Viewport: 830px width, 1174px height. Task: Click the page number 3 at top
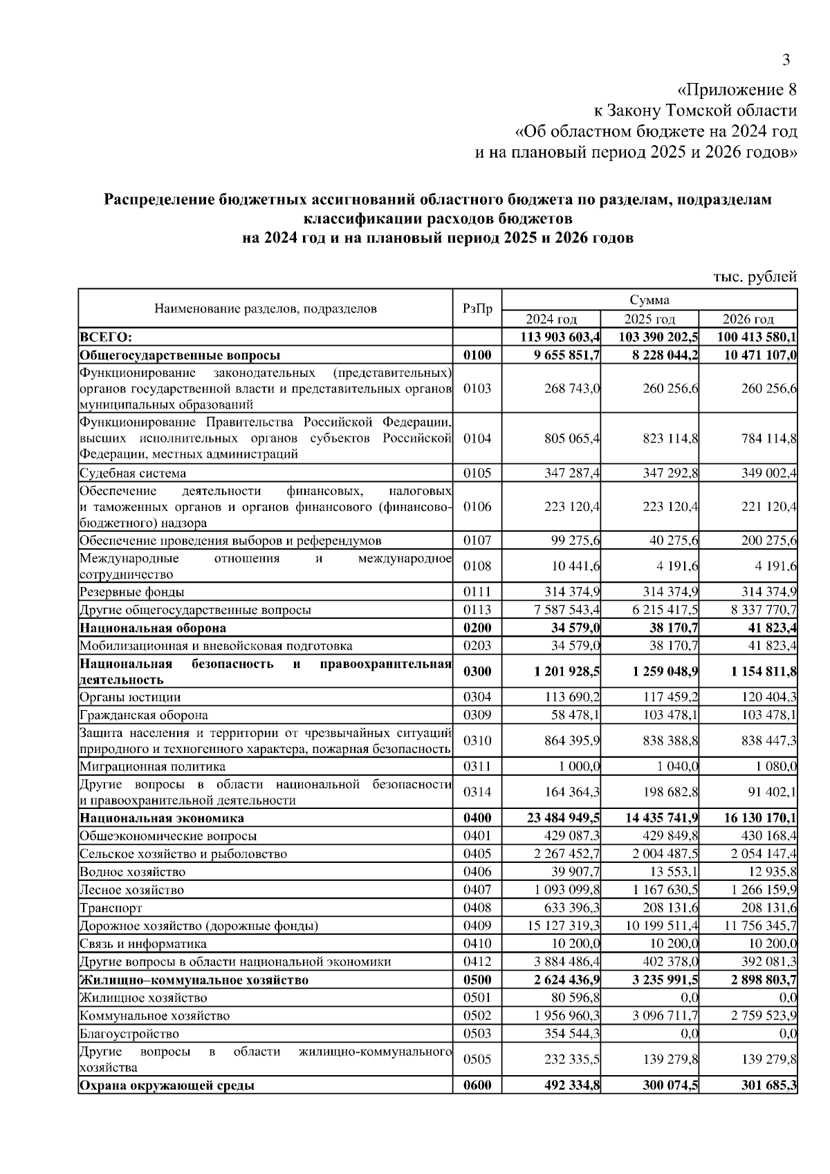pyautogui.click(x=786, y=60)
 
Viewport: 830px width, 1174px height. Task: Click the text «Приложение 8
pyautogui.click(x=737, y=90)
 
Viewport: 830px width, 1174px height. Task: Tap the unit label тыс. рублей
pyautogui.click(x=755, y=277)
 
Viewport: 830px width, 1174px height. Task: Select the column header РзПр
pyautogui.click(x=477, y=309)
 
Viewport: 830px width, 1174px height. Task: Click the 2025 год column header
pyautogui.click(x=649, y=319)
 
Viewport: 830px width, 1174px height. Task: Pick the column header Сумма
pyautogui.click(x=649, y=300)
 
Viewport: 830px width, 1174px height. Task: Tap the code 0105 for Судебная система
pyautogui.click(x=477, y=474)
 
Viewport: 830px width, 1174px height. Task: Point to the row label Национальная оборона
pyautogui.click(x=153, y=628)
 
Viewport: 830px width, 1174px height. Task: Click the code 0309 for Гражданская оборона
pyautogui.click(x=477, y=715)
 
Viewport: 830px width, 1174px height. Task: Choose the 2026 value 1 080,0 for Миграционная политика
pyautogui.click(x=776, y=767)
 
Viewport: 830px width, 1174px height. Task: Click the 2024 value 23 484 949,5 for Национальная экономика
pyautogui.click(x=564, y=819)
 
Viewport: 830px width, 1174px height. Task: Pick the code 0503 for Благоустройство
pyautogui.click(x=477, y=1034)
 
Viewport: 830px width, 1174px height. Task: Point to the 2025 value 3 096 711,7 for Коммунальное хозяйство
pyautogui.click(x=661, y=1016)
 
